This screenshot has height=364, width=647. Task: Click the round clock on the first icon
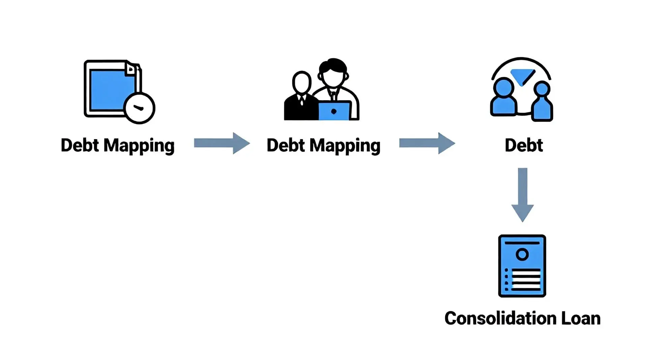[x=139, y=108]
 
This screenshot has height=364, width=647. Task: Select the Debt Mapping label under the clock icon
[x=117, y=146]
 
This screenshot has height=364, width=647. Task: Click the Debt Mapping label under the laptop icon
[x=323, y=146]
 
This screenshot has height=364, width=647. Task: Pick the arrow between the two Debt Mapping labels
[x=222, y=143]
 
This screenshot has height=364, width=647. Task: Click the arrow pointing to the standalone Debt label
[x=427, y=143]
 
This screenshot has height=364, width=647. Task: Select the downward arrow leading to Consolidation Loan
[x=522, y=194]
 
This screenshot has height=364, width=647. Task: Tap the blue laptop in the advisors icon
[x=334, y=111]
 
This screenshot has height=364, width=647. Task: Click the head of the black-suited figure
[x=302, y=82]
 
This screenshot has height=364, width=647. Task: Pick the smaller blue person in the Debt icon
[x=542, y=103]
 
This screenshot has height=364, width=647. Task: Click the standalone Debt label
[x=524, y=146]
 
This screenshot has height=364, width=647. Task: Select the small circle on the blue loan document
[x=522, y=254]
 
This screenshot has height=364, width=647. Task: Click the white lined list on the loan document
[x=525, y=279]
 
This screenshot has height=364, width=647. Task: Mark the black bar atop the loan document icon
[x=522, y=243]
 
